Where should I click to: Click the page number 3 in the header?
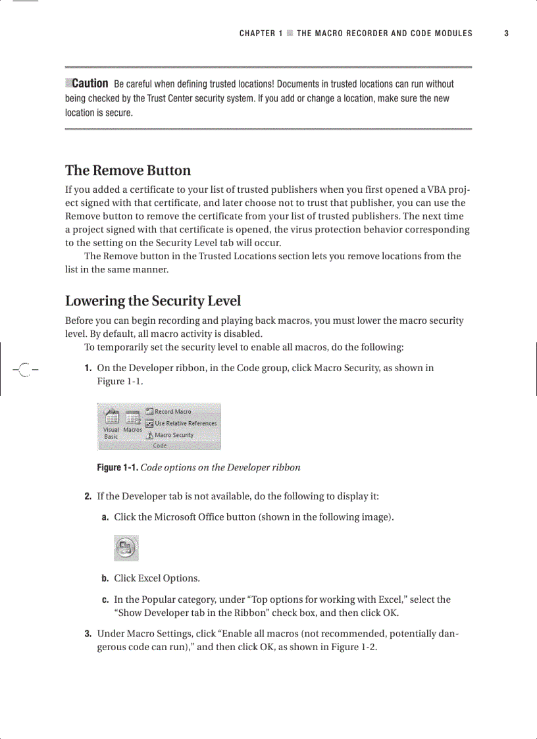pos(506,34)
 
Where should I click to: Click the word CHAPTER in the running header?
pos(257,34)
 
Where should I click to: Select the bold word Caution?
pos(89,84)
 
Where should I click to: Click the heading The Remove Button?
pos(128,170)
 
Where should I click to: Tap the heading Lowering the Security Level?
pos(153,301)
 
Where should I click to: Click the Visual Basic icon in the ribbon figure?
pos(111,424)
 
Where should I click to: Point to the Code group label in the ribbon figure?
pos(159,446)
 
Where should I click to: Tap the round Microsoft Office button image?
pos(126,548)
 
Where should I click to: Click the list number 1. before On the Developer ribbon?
pos(88,368)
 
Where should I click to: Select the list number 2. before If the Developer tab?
pos(88,496)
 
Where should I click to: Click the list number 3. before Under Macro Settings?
pos(88,634)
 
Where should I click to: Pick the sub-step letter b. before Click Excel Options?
pos(105,578)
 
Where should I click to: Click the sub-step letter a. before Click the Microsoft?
pos(105,517)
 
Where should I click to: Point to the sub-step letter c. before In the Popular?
pos(105,600)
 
